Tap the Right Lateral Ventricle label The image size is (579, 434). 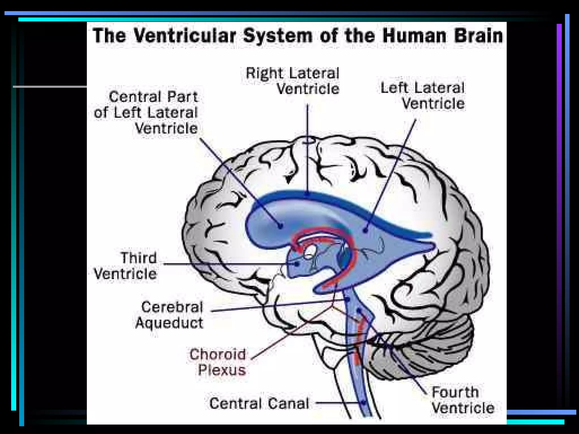click(x=293, y=81)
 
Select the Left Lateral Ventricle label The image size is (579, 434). click(x=422, y=96)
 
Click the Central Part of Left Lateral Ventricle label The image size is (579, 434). click(x=146, y=112)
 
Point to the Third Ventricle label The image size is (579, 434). click(x=126, y=266)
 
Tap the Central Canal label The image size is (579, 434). click(x=259, y=403)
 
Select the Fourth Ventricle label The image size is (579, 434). click(x=463, y=400)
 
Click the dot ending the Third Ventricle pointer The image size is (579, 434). click(x=296, y=264)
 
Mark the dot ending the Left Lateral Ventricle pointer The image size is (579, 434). click(x=366, y=231)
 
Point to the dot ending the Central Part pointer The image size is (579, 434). click(x=280, y=226)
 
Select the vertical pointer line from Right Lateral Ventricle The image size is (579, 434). click(x=308, y=147)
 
